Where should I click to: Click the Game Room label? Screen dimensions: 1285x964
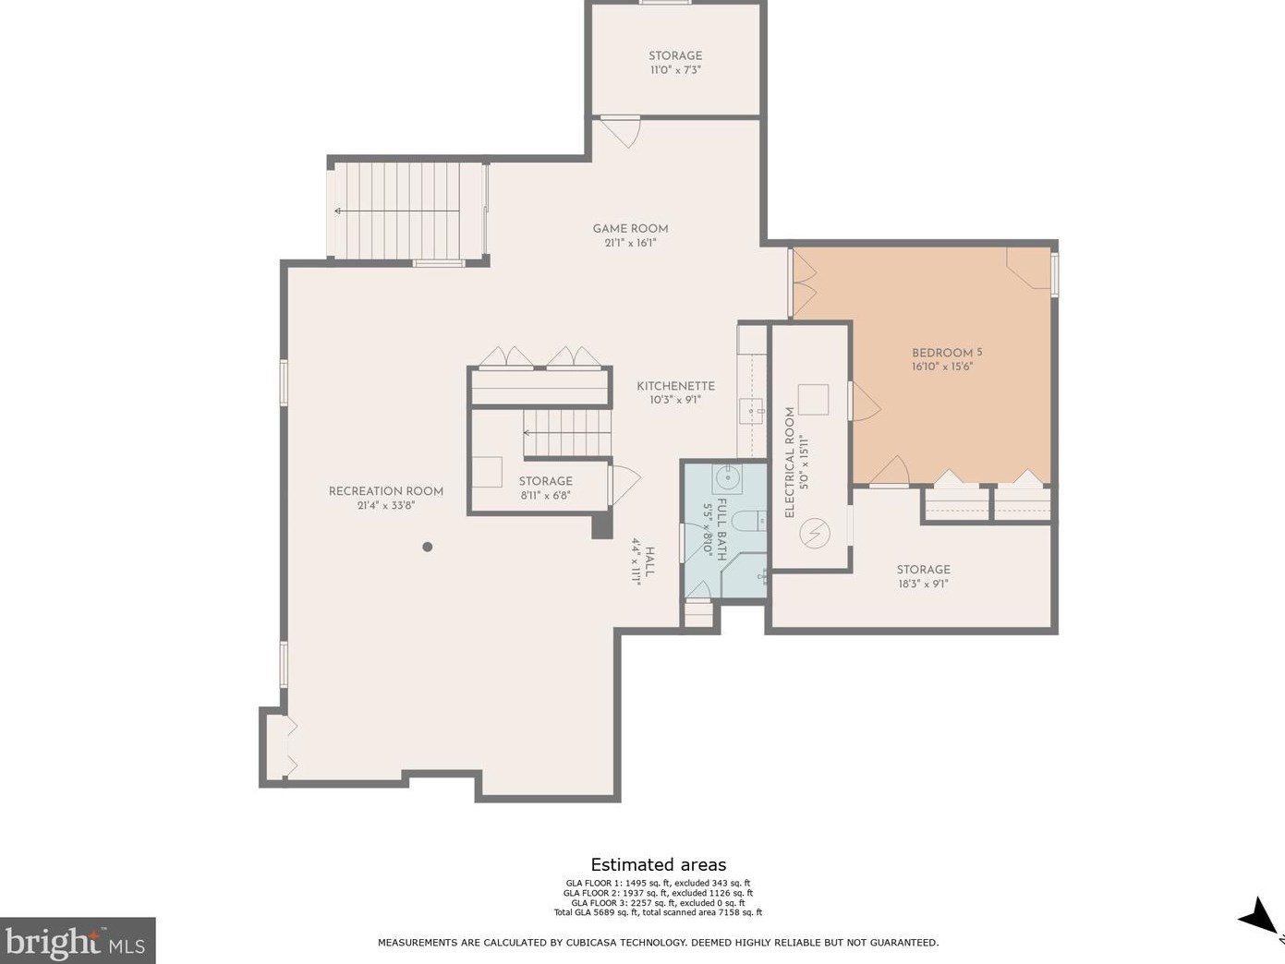coord(630,229)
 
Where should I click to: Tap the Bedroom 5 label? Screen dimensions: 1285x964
coord(947,353)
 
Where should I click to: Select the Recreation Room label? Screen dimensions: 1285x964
coord(386,491)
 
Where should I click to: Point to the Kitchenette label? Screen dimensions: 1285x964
coord(675,386)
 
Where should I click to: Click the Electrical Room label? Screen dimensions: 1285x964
coord(789,463)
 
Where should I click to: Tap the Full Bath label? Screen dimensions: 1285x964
coord(721,529)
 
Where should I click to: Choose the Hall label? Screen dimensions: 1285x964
coord(649,561)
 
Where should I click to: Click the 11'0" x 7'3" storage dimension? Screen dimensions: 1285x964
coord(675,70)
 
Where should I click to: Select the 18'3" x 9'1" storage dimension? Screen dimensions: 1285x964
coord(923,584)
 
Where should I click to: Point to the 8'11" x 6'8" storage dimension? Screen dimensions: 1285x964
coord(545,496)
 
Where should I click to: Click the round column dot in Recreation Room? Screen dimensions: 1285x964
coord(428,547)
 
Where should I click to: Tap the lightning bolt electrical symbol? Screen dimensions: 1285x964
coord(815,533)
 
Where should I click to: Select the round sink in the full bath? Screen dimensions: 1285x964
coord(727,477)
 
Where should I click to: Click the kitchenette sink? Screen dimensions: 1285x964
coord(751,411)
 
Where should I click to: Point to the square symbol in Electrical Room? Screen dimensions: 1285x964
coord(813,400)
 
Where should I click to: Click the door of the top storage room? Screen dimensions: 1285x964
coord(621,132)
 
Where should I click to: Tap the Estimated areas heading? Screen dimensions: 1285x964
coord(658,864)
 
